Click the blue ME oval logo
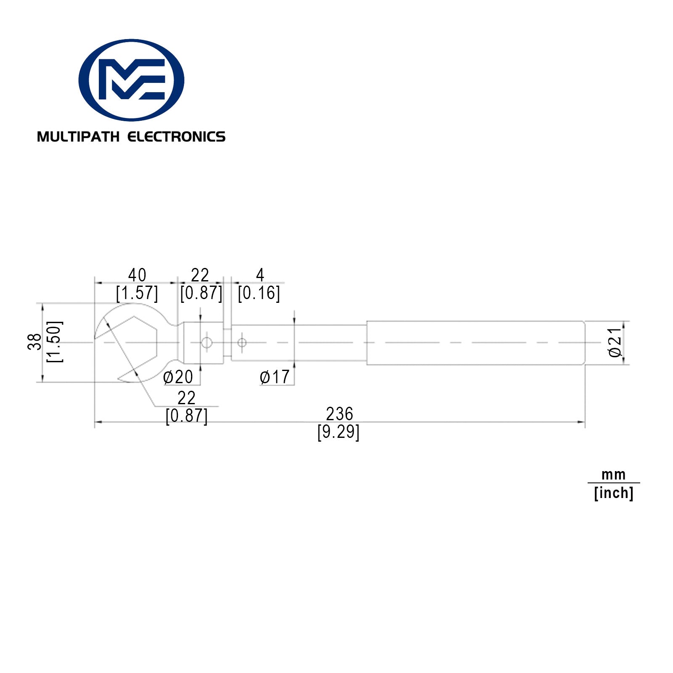tap(131, 80)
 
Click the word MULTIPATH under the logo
tap(78, 137)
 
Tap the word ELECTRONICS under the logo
tap(176, 137)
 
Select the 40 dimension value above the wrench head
tap(137, 275)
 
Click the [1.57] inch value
tap(137, 293)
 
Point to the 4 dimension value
tap(260, 275)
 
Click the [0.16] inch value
tap(259, 293)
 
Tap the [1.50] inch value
tap(55, 342)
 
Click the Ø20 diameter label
tap(178, 377)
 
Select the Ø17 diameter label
tap(275, 377)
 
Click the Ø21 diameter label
tap(615, 342)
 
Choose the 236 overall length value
tap(339, 414)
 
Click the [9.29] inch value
tap(339, 432)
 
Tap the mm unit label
tap(614, 475)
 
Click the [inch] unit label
tap(614, 493)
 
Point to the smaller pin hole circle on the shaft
tap(242, 343)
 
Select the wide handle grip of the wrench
tap(475, 343)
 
